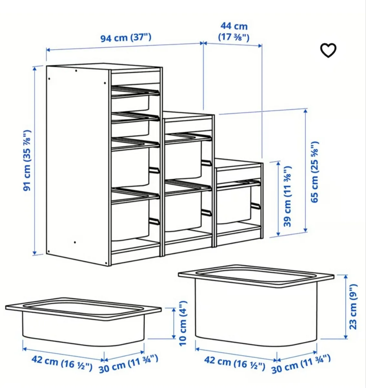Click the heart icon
click(328, 50)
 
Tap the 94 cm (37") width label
click(126, 38)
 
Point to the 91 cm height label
click(28, 160)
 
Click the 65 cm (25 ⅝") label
click(315, 172)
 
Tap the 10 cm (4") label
click(183, 323)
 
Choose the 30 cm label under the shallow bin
click(128, 363)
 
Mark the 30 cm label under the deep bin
click(301, 363)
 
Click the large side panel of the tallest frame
click(77, 162)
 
